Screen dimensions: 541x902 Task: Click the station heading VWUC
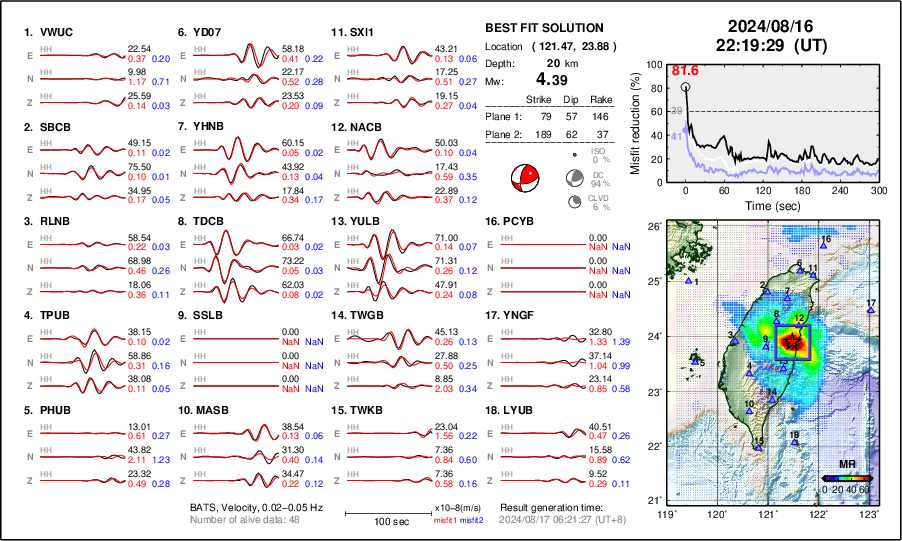tap(48, 32)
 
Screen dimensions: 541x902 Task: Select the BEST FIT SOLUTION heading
tap(544, 28)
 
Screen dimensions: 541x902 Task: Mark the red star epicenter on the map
tap(792, 342)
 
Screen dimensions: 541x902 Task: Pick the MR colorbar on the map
tap(847, 478)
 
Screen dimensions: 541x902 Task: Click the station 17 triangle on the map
tap(871, 311)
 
